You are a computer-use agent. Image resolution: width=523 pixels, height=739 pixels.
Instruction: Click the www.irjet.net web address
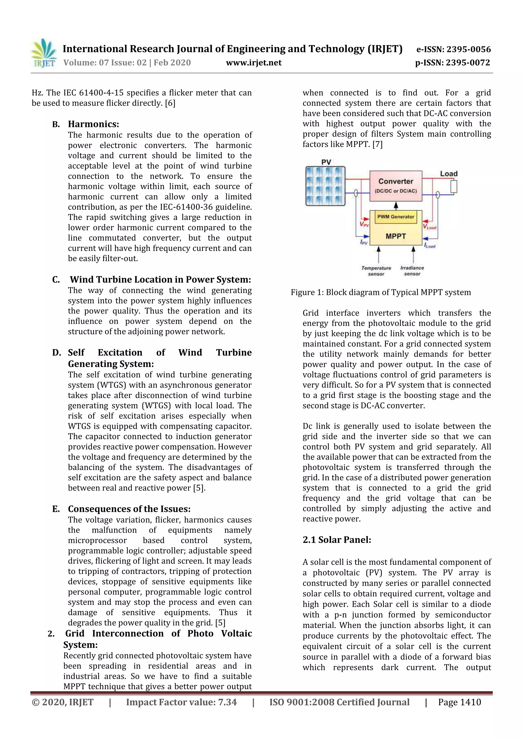tap(254, 63)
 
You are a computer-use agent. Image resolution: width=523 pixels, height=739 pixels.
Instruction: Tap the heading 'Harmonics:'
tap(93, 124)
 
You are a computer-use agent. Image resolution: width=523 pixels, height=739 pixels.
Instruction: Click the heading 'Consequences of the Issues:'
tap(129, 509)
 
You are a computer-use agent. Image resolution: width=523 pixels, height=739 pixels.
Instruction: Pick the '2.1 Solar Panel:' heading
tap(337, 540)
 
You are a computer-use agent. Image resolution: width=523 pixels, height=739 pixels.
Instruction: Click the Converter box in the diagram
tap(396, 186)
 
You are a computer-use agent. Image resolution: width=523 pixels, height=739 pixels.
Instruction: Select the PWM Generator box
tap(396, 217)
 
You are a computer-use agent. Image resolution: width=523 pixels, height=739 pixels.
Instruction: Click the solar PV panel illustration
tap(325, 186)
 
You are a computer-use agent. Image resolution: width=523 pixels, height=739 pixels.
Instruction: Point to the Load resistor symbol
tap(454, 186)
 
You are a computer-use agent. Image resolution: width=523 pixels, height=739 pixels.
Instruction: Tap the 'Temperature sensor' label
tap(376, 271)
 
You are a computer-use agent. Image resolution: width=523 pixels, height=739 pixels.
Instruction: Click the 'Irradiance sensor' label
tap(412, 271)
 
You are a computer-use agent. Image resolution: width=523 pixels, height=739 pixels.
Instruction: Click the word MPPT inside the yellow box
tap(396, 236)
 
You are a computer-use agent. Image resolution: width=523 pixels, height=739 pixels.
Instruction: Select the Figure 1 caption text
tap(381, 292)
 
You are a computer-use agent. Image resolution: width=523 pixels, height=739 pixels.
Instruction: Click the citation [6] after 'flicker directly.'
tap(170, 103)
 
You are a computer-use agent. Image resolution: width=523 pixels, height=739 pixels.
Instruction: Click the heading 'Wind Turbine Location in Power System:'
tap(160, 279)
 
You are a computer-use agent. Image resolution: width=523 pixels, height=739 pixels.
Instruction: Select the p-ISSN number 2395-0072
tap(468, 63)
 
